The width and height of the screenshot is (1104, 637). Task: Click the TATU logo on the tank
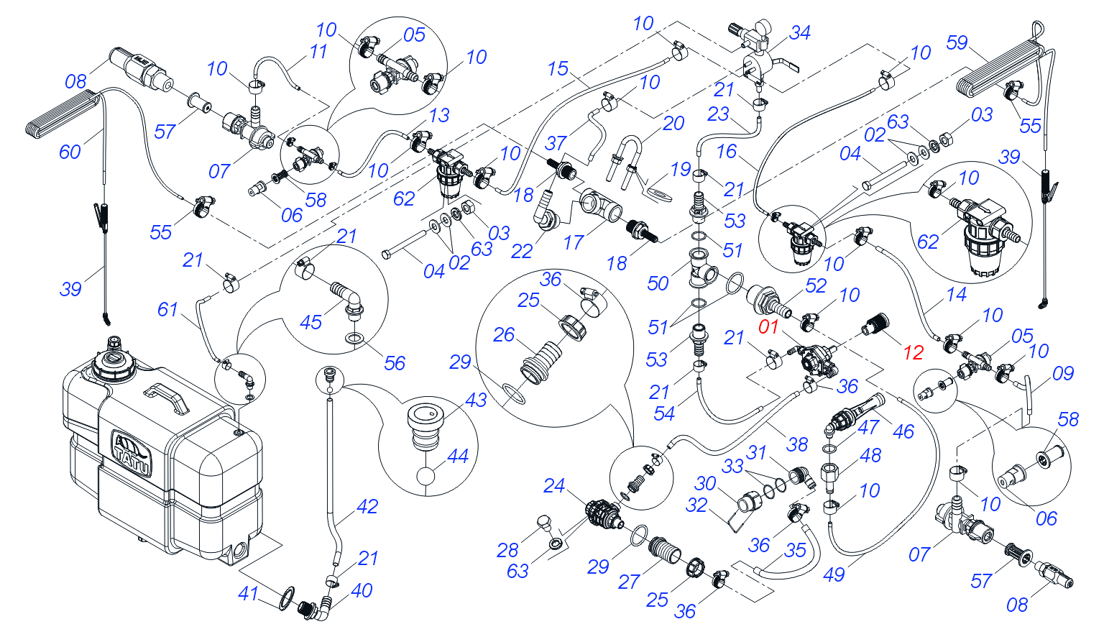point(131,453)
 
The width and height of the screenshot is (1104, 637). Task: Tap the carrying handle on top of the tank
point(166,398)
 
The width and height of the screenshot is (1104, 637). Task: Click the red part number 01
point(768,326)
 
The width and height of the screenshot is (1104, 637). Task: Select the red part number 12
point(913,352)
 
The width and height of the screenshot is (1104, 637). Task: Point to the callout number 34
point(799,33)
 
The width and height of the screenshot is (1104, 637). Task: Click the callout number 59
point(957,43)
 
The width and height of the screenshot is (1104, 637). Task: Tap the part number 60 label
point(70,152)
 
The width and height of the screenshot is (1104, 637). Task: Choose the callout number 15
point(558,69)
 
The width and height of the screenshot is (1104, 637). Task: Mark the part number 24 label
point(553,486)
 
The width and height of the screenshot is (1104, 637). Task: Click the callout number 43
point(476,400)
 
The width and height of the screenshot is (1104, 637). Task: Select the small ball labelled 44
point(425,476)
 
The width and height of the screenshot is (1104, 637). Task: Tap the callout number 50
point(658,283)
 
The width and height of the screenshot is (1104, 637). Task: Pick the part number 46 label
point(903,432)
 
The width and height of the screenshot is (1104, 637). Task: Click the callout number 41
point(248,594)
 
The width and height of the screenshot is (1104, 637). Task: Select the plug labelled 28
point(543,522)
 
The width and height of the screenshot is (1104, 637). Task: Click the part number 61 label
point(167,310)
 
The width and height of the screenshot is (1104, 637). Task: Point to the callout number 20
point(673,124)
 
